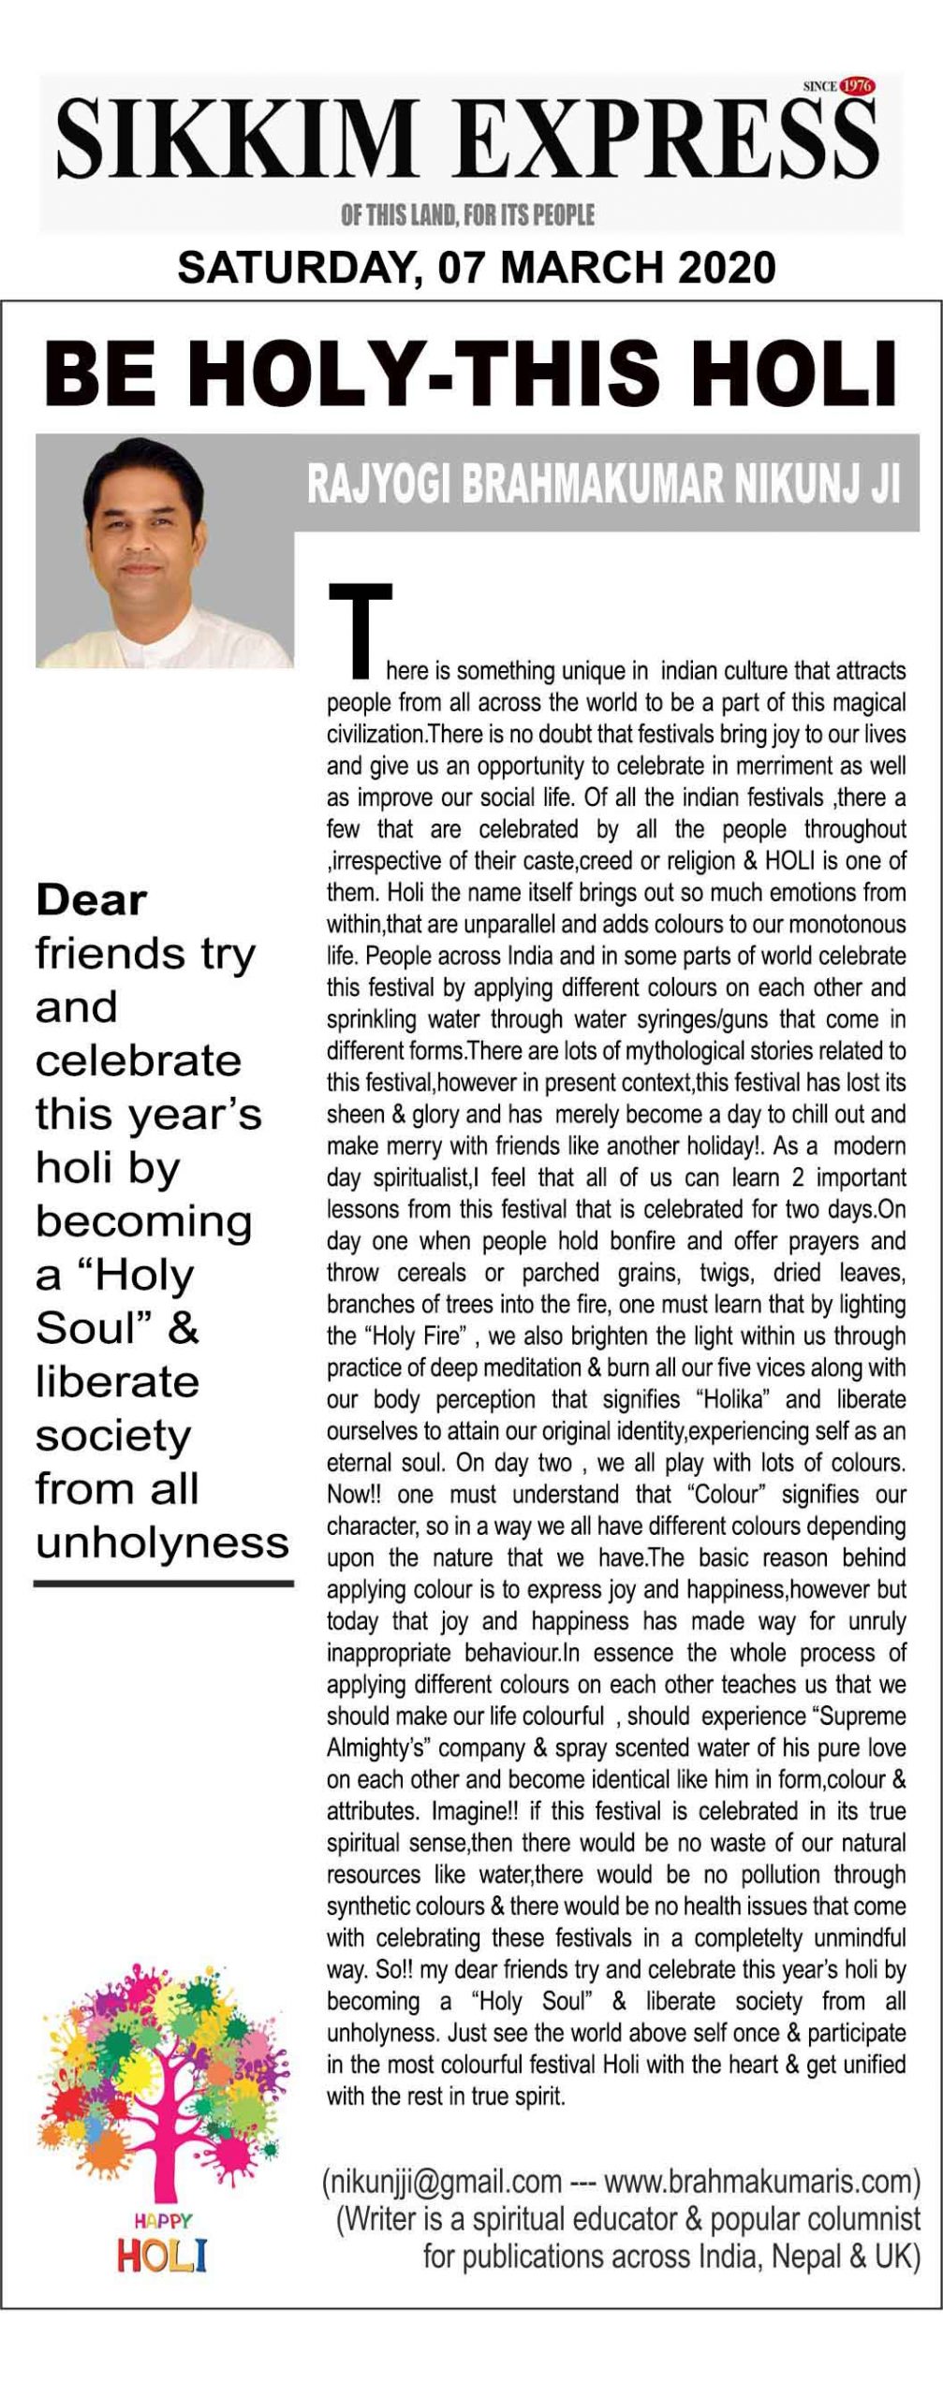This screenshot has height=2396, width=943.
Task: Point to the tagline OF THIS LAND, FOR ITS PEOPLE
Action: tap(467, 215)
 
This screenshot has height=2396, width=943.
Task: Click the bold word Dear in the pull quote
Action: tap(91, 900)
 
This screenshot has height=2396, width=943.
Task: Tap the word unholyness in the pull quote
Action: tap(162, 1542)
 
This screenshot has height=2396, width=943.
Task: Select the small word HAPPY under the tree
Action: tap(162, 2220)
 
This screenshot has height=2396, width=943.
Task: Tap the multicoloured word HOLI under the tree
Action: tap(161, 2256)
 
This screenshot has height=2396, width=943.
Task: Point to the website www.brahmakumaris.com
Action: tap(758, 2183)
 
